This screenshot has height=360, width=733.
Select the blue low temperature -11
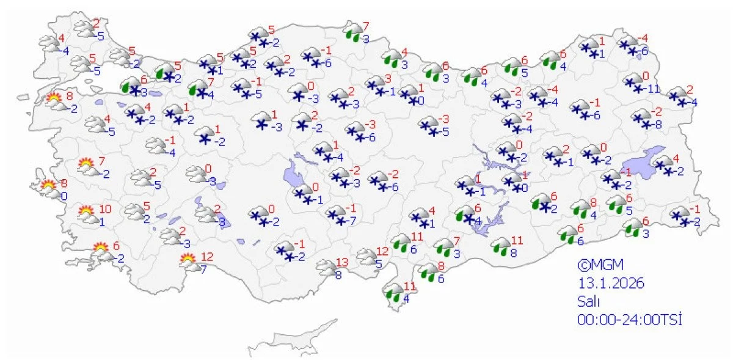(x=655, y=89)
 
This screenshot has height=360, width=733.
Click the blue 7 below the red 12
(x=203, y=269)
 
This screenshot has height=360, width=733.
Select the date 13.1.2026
(x=611, y=284)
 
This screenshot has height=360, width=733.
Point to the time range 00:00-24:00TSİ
(x=629, y=319)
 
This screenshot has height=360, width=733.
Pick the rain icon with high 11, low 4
(x=394, y=293)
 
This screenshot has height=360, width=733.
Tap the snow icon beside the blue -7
(x=335, y=215)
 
